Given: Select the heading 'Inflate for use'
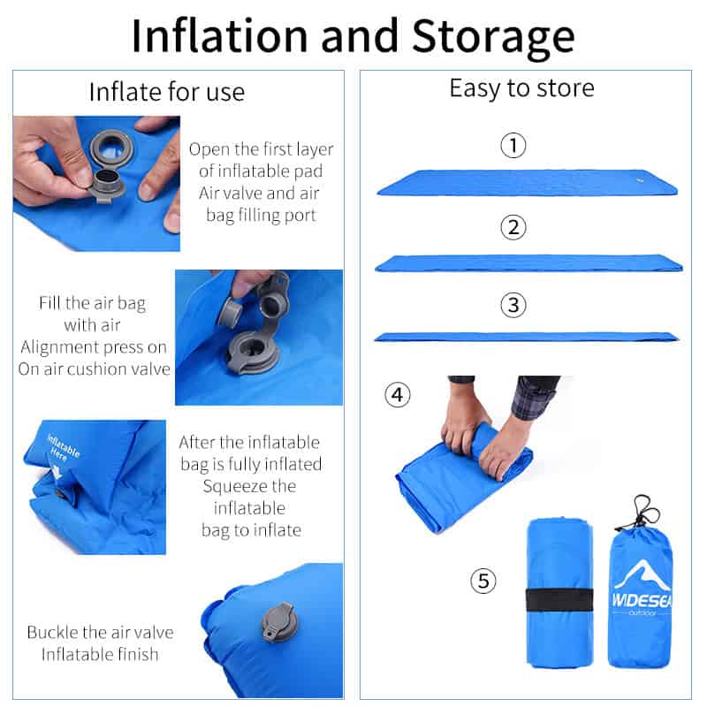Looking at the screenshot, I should (x=167, y=92).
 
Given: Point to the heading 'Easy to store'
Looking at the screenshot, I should (x=521, y=88).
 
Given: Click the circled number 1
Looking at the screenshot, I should (x=513, y=145).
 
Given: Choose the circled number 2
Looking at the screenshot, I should (x=513, y=228).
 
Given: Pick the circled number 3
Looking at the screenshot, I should (x=513, y=306).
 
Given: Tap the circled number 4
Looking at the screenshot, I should (x=398, y=394).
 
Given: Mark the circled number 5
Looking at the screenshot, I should (x=483, y=581).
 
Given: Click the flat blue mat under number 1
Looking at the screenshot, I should (x=527, y=183).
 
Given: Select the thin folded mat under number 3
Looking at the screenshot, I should (x=527, y=337).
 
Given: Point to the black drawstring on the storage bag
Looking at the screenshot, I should (x=643, y=513).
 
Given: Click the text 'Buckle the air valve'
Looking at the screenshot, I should (x=100, y=632).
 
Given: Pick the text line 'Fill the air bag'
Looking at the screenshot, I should (x=92, y=303).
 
